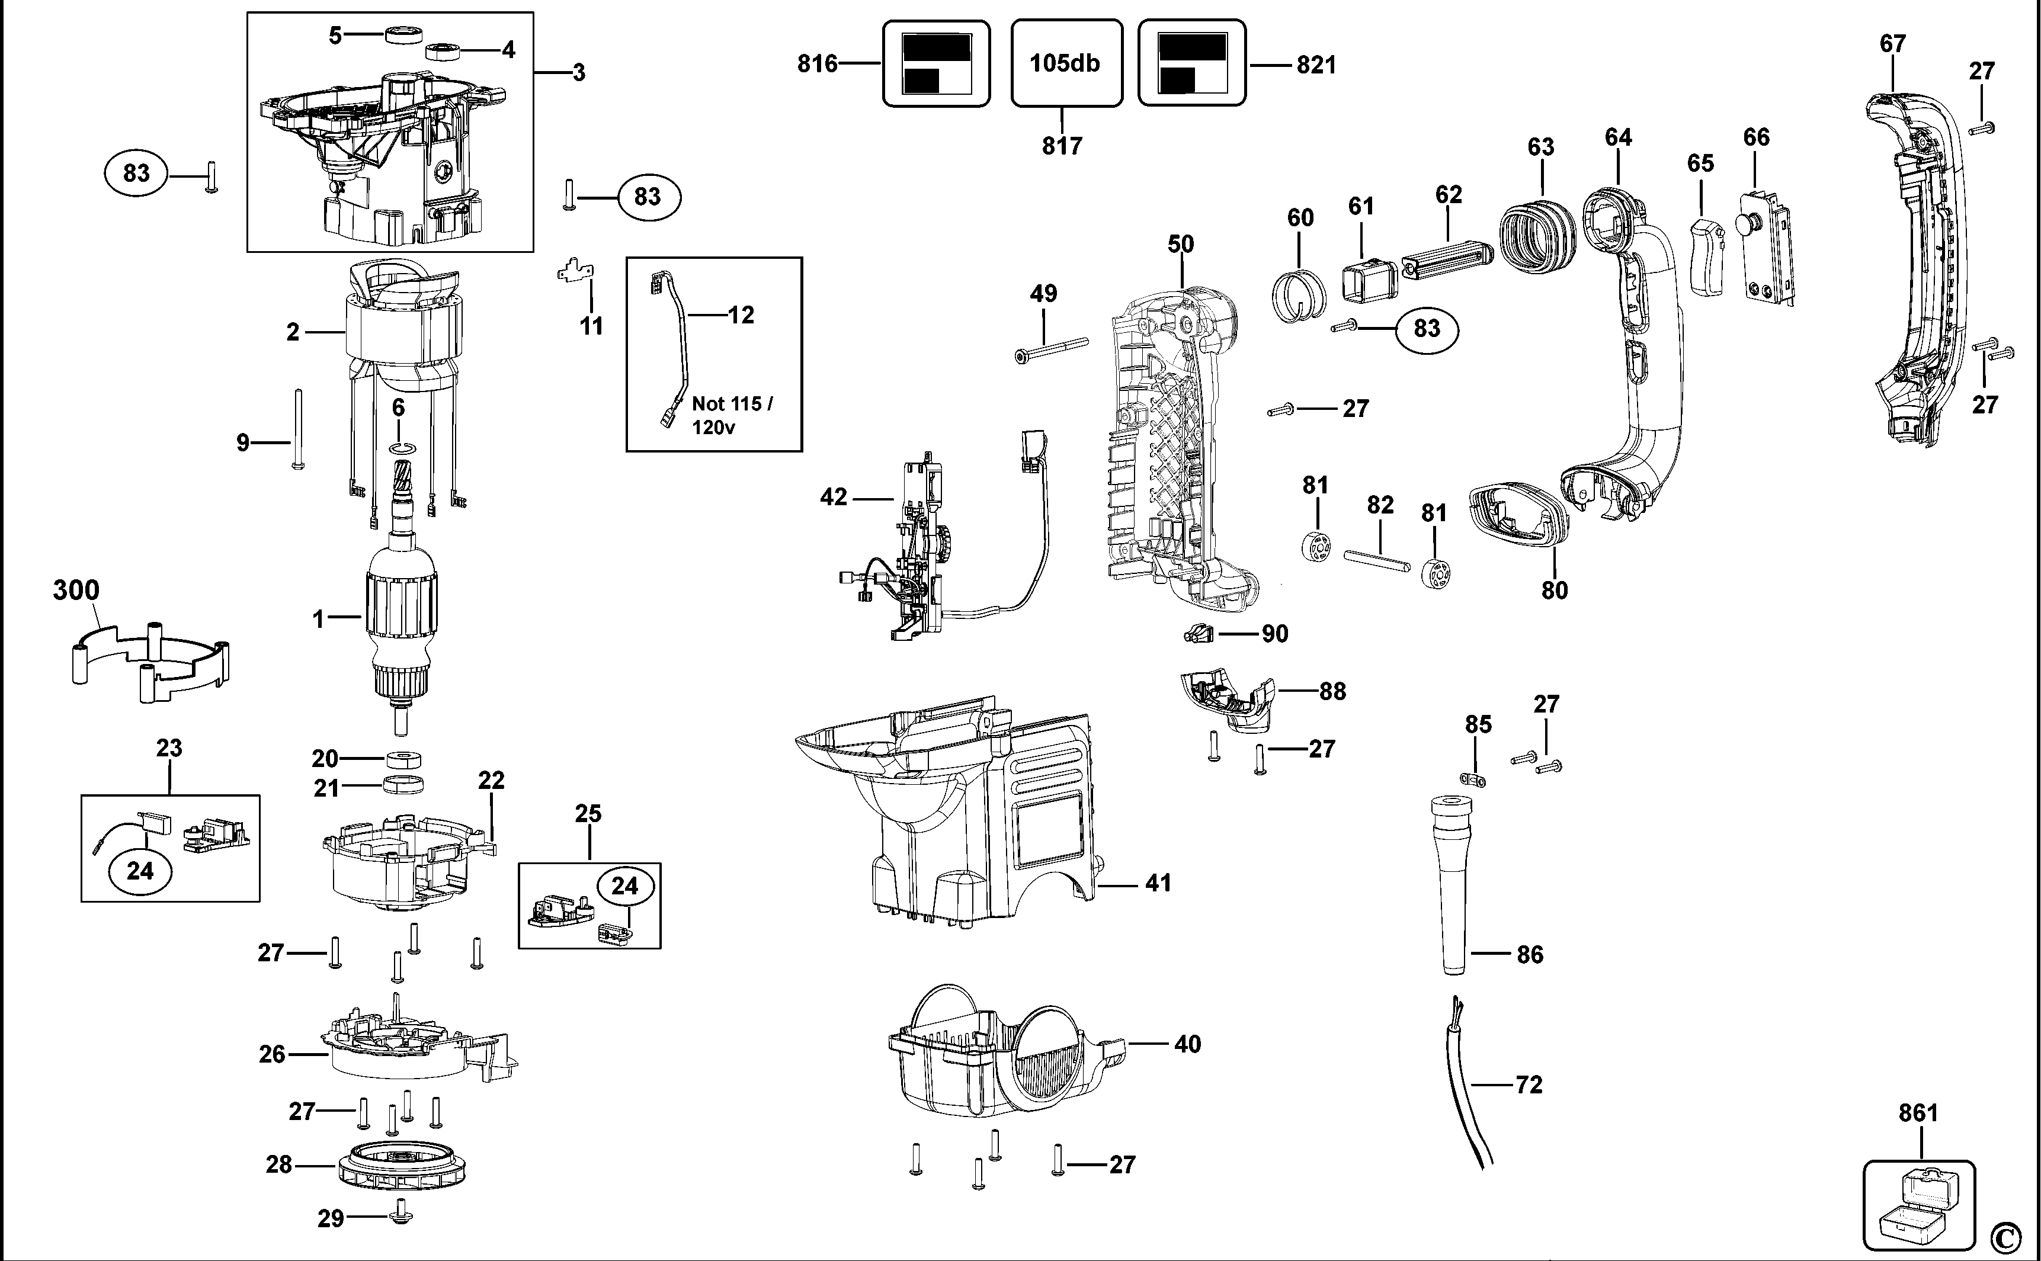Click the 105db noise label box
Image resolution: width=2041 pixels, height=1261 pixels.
point(1066,63)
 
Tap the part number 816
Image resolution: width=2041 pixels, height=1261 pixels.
point(818,63)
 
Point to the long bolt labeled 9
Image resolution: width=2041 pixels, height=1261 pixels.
point(297,429)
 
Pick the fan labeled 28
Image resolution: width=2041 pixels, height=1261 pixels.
point(400,1164)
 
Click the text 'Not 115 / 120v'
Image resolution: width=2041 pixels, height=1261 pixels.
point(732,415)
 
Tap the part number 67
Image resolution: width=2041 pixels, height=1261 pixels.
point(1892,43)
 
